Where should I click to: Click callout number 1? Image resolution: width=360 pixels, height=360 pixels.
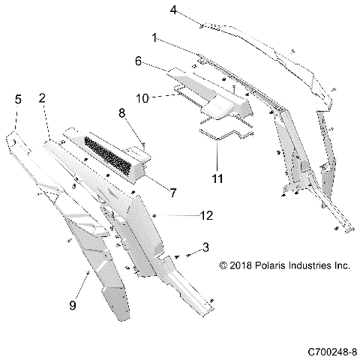[x=154, y=37]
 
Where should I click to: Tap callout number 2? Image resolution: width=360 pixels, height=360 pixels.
[x=42, y=97]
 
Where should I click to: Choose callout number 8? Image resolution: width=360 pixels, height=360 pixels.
[x=121, y=113]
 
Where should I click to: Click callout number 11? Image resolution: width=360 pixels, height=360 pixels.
[x=217, y=180]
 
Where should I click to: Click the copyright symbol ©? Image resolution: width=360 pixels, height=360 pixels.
[x=223, y=265]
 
